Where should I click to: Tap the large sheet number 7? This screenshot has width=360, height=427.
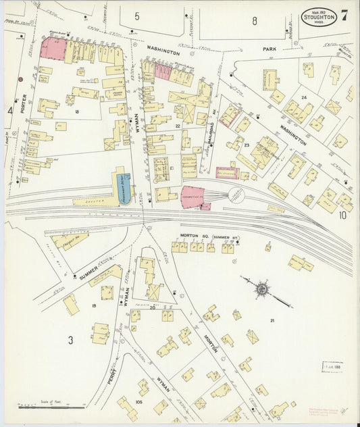pos(345,15)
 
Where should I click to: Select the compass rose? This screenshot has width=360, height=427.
pos(262,288)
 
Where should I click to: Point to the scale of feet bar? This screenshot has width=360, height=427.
pos(51,405)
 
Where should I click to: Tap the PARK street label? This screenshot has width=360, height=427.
pos(272,50)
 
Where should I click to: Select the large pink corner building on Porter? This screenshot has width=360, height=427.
pos(53,49)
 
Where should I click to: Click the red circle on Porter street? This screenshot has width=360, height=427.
pos(20,79)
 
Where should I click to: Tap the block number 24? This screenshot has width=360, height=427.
pos(304,97)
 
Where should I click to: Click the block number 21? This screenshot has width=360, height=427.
pos(272,320)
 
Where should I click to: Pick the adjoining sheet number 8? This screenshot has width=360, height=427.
pos(255,21)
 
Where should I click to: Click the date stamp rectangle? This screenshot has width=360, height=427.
pos(332,367)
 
